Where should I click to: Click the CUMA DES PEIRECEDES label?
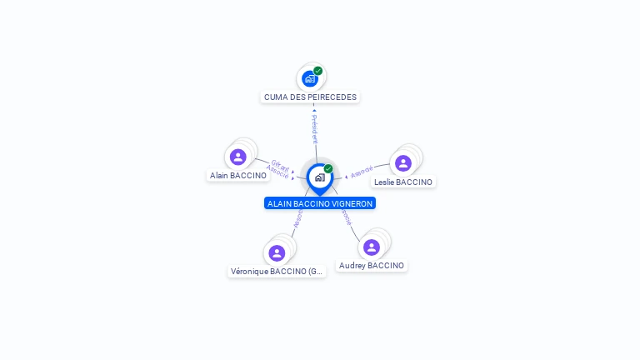pyautogui.click(x=310, y=97)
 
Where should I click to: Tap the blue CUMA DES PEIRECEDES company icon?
pyautogui.click(x=310, y=78)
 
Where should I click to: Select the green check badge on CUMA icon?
pyautogui.click(x=318, y=71)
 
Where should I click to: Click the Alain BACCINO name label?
pyautogui.click(x=238, y=175)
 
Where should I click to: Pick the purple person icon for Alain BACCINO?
pyautogui.click(x=238, y=157)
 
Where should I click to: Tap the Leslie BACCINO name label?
pyautogui.click(x=403, y=182)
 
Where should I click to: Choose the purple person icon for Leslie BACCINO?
pyautogui.click(x=403, y=163)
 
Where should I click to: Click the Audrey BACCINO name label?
pyautogui.click(x=372, y=265)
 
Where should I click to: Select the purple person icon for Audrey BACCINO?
pyautogui.click(x=372, y=247)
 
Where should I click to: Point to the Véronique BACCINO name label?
pyautogui.click(x=277, y=271)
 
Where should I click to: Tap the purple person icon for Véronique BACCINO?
pyautogui.click(x=277, y=252)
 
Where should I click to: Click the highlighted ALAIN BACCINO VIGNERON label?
pyautogui.click(x=320, y=203)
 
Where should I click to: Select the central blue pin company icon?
pyautogui.click(x=319, y=177)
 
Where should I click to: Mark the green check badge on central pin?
pyautogui.click(x=328, y=169)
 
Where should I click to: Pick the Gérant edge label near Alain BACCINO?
pyautogui.click(x=281, y=164)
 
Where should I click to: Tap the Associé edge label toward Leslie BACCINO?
pyautogui.click(x=362, y=172)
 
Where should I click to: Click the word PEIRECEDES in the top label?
pyautogui.click(x=332, y=97)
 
